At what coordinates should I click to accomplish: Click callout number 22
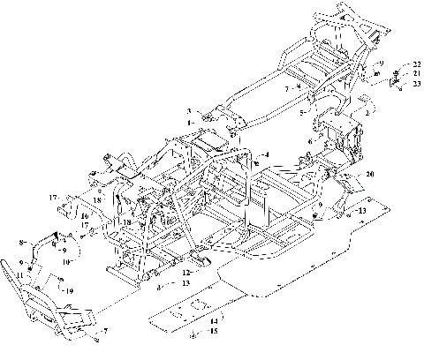pyautogui.click(x=417, y=64)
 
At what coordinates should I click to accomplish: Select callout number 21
pyautogui.click(x=417, y=73)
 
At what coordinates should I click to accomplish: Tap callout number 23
pyautogui.click(x=417, y=83)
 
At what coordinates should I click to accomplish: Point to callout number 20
pyautogui.click(x=369, y=175)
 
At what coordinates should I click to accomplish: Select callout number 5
pyautogui.click(x=302, y=114)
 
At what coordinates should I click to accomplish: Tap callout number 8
pyautogui.click(x=21, y=242)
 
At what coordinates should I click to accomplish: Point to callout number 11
pyautogui.click(x=19, y=275)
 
